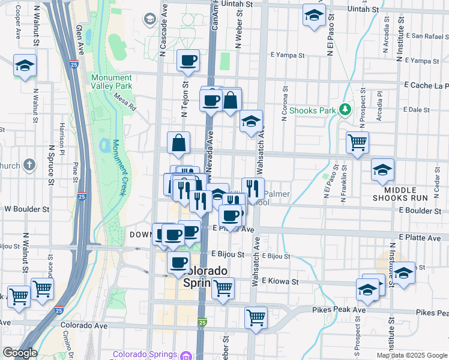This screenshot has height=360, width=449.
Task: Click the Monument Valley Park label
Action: coord(112,82)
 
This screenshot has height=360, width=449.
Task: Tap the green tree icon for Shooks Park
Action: coord(345,110)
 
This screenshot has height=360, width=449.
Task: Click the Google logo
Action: coord(20,353)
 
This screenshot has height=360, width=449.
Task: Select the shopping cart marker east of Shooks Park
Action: coord(357,143)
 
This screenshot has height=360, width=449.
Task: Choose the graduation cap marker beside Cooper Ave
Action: coord(25,65)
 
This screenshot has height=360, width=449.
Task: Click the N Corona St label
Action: coord(285,102)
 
